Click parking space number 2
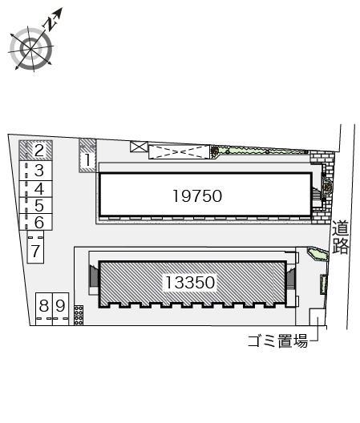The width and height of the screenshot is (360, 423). pyautogui.click(x=38, y=150)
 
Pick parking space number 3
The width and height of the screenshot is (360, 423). pyautogui.click(x=38, y=170)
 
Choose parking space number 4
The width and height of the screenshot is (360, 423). pyautogui.click(x=38, y=188)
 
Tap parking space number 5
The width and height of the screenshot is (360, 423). pyautogui.click(x=38, y=206)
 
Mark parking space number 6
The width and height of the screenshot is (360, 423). pyautogui.click(x=38, y=222)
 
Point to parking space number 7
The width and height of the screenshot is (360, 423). pyautogui.click(x=35, y=252)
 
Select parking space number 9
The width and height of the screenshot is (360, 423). pyautogui.click(x=60, y=305)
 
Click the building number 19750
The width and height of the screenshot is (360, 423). pyautogui.click(x=196, y=195)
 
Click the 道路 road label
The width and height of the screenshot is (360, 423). pyautogui.click(x=341, y=238)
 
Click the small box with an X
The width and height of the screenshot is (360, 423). pyautogui.click(x=139, y=147)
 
